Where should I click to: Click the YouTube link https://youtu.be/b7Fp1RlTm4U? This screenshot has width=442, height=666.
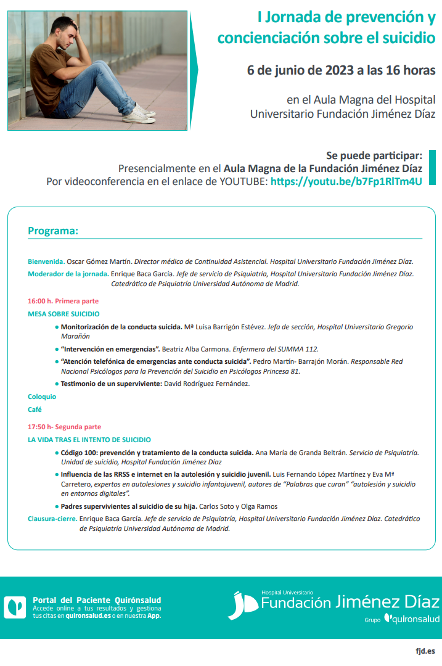coord(346,181)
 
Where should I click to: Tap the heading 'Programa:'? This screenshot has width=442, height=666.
coord(53,231)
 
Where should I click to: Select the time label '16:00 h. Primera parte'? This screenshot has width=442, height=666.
coord(63,301)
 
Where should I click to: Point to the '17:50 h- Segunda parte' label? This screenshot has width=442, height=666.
coord(64,427)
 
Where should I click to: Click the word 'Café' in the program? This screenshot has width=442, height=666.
coord(35,409)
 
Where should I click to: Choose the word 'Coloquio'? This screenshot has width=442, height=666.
coord(42,397)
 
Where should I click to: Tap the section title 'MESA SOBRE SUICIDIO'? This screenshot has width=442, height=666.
coord(63,314)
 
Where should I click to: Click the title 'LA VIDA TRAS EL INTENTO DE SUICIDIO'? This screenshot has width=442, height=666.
coord(89,440)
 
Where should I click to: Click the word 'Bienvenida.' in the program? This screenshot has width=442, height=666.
coord(46,261)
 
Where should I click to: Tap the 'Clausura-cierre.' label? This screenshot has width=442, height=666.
coord(52,519)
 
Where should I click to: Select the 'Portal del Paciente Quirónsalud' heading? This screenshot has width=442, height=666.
coord(97,600)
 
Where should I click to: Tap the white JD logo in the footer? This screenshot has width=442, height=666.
coord(242,606)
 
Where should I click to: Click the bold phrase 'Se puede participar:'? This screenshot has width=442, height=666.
coord(374,155)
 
